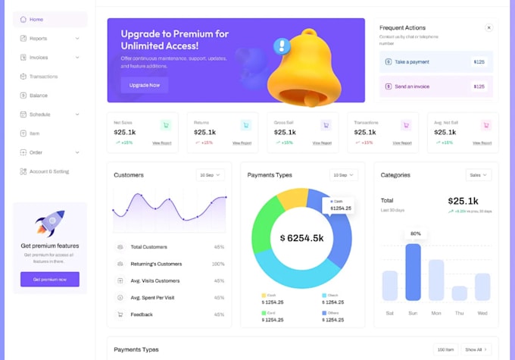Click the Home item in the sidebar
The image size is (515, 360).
click(x=36, y=19)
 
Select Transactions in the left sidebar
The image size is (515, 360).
click(x=43, y=77)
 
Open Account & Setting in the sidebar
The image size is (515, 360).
click(x=48, y=171)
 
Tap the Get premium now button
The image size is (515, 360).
click(x=50, y=279)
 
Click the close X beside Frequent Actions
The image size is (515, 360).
click(x=488, y=27)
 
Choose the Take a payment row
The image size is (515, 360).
click(x=435, y=62)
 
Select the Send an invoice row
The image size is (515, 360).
click(x=435, y=86)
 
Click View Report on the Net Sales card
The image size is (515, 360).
click(x=162, y=142)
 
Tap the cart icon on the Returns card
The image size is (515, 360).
click(x=245, y=125)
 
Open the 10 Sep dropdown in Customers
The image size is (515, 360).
click(x=211, y=175)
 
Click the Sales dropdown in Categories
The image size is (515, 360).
click(x=478, y=175)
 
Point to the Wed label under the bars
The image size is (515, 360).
click(x=482, y=312)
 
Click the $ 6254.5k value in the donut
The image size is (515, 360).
click(x=301, y=238)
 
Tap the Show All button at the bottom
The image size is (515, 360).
click(x=476, y=349)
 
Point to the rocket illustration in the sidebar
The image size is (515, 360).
click(x=50, y=223)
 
